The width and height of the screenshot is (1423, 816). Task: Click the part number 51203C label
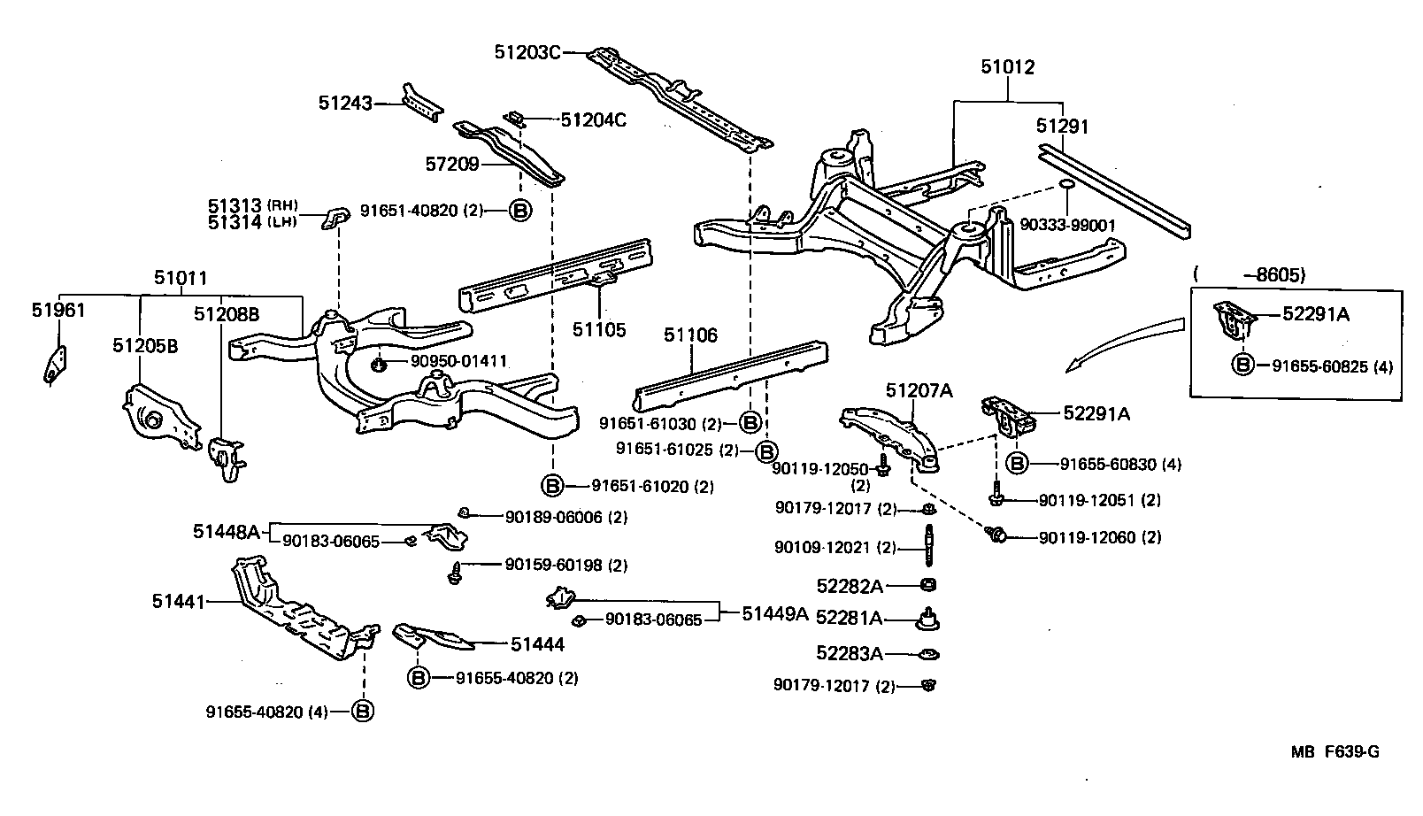pyautogui.click(x=527, y=52)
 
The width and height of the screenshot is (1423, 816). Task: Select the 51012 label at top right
pyautogui.click(x=1007, y=67)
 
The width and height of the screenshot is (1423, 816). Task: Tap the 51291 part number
pyautogui.click(x=1062, y=127)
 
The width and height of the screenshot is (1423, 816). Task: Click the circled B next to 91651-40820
pyautogui.click(x=520, y=211)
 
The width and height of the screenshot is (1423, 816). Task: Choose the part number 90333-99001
pyautogui.click(x=1067, y=226)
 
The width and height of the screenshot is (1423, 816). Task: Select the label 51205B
pyautogui.click(x=144, y=345)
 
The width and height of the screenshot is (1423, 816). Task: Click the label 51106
pyautogui.click(x=691, y=335)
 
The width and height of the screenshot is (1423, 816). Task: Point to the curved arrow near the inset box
pyautogui.click(x=1124, y=341)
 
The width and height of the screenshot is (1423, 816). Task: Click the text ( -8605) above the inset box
pyautogui.click(x=1249, y=275)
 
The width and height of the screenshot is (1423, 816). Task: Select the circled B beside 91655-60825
pyautogui.click(x=1243, y=365)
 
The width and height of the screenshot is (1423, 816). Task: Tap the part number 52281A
pyautogui.click(x=849, y=618)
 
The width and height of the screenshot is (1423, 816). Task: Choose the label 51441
pyautogui.click(x=178, y=602)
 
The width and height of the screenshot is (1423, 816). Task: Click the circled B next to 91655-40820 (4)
pyautogui.click(x=363, y=711)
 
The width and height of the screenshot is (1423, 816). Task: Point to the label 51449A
pyautogui.click(x=775, y=613)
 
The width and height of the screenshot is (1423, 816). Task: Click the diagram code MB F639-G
pyautogui.click(x=1335, y=752)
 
